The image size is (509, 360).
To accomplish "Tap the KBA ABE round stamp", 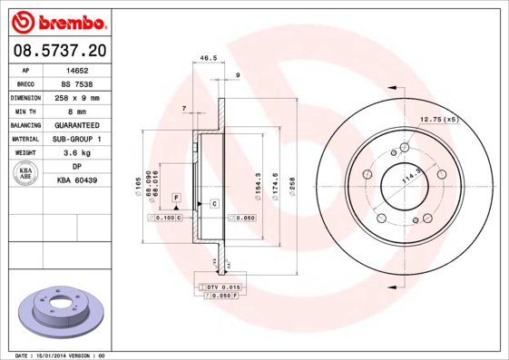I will [x=26, y=173].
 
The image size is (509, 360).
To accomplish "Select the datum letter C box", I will [x=214, y=203].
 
